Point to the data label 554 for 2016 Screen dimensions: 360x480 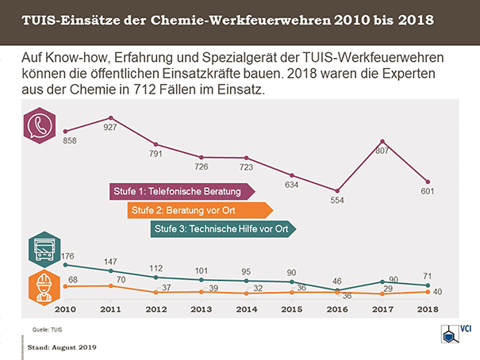coord(339,201)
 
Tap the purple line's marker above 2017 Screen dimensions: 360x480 coord(383,141)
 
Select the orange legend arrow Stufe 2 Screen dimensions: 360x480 coord(200,210)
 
